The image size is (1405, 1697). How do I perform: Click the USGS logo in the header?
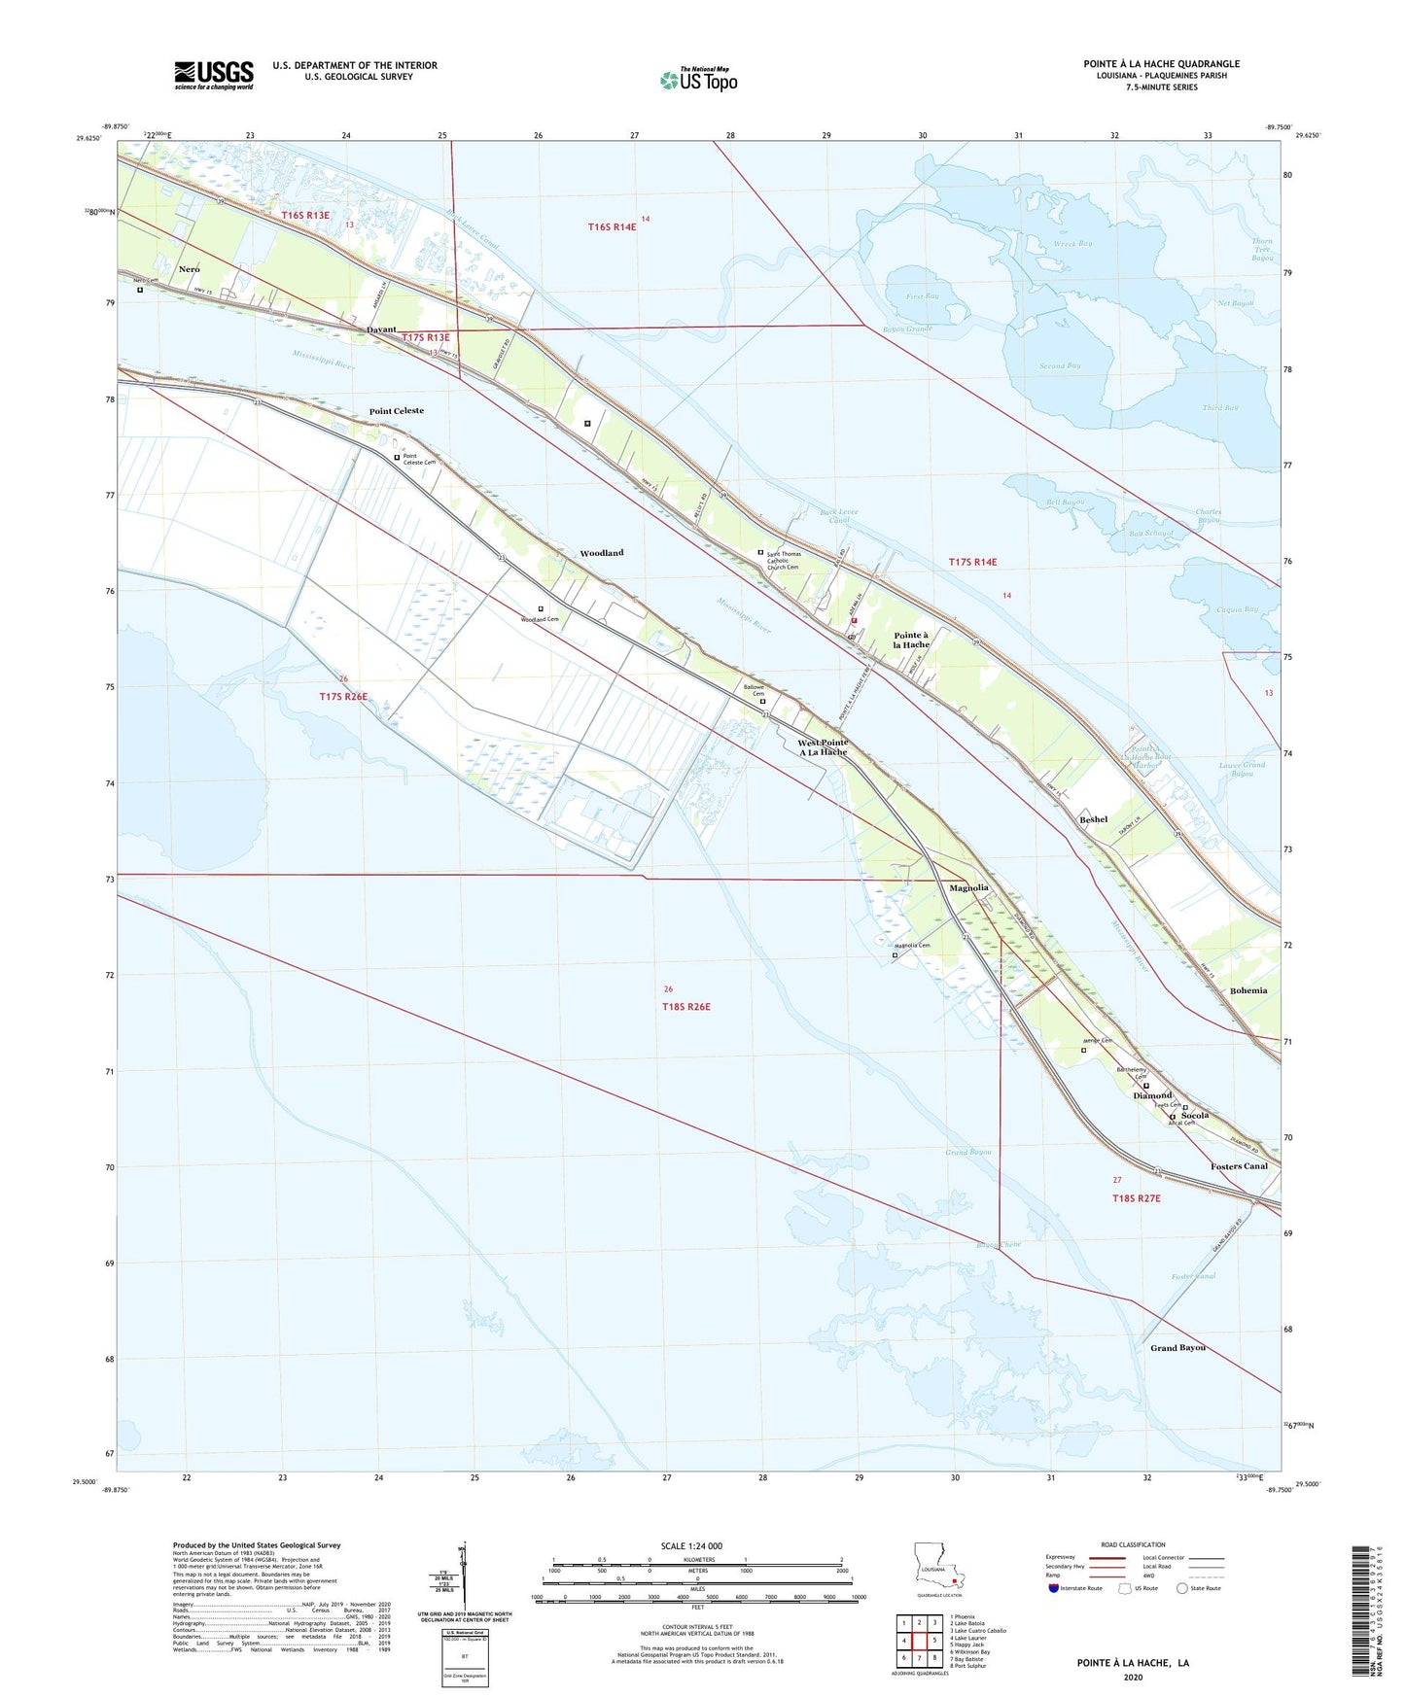coord(214,75)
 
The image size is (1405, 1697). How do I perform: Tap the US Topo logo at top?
coord(698,80)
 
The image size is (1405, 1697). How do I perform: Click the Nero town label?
coord(189,268)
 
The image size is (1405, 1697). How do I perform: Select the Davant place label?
coord(381,329)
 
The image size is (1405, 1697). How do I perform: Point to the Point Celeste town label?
coord(396,411)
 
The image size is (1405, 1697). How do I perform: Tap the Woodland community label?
coord(601,553)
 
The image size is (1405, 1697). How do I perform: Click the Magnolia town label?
coord(968,887)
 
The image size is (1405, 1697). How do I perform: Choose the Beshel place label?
coord(1093,819)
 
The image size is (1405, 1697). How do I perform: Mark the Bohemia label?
coord(1247,990)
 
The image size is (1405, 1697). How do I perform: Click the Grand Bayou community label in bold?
coord(1177,1348)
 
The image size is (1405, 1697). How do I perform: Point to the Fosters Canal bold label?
coord(1239,1166)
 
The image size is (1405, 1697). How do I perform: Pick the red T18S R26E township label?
coord(686,1007)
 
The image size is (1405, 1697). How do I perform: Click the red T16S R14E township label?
coord(612,227)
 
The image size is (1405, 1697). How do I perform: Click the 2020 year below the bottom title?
coord(1133,1677)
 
